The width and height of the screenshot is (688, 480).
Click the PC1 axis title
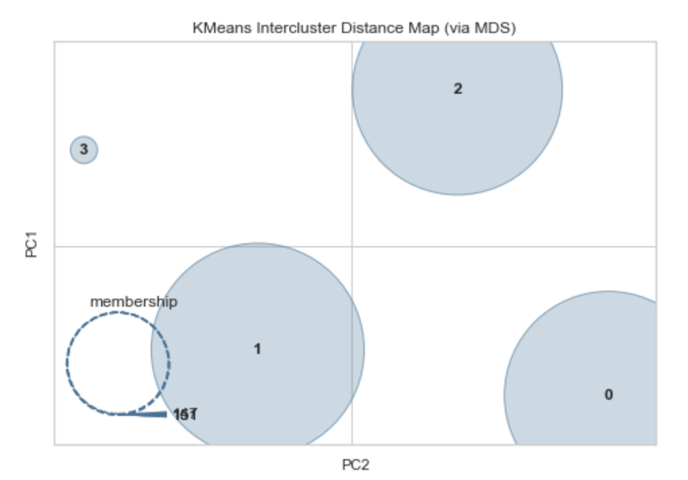click(x=31, y=244)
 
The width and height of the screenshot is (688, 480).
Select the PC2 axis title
click(x=355, y=465)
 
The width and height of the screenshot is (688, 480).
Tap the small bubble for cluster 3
click(x=84, y=150)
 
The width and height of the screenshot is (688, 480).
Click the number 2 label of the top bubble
click(x=458, y=89)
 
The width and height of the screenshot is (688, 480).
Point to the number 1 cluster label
click(x=257, y=349)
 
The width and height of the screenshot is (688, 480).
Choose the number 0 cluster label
click(x=609, y=395)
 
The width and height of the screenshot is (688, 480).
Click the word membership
click(x=134, y=302)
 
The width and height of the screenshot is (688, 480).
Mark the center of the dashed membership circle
click(x=118, y=363)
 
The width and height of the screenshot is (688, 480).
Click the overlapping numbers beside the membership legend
click(x=184, y=414)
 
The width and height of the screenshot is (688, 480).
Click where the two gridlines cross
click(x=351, y=247)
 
